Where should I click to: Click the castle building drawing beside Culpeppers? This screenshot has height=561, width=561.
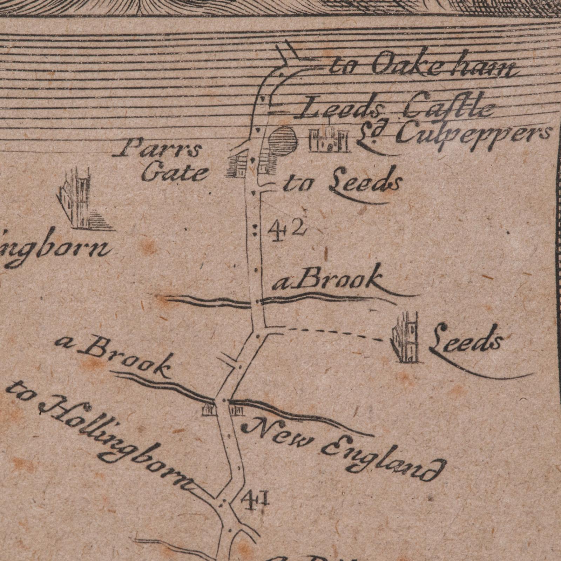coord(329,139)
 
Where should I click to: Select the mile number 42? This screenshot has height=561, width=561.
coord(287,230)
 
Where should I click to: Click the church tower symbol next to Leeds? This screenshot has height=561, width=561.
coord(407,339)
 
